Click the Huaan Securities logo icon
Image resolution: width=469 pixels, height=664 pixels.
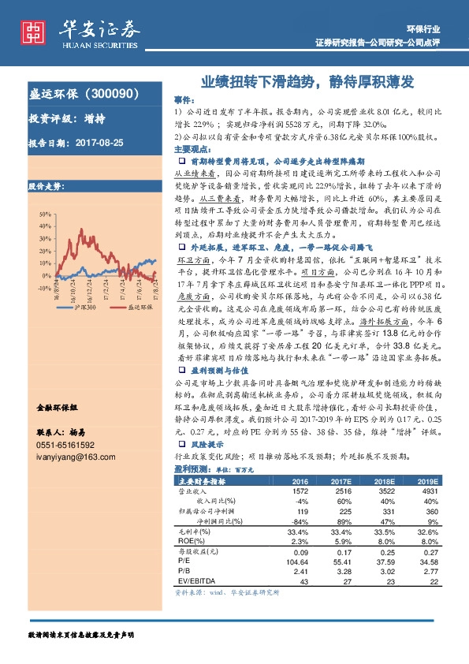[x=34, y=32]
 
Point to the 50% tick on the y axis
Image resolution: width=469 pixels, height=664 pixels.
[x=43, y=214]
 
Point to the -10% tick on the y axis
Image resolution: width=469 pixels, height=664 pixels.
[x=43, y=289]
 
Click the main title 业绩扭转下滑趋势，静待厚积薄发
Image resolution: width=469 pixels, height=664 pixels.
[x=307, y=81]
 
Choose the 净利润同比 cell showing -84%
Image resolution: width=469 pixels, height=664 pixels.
[x=300, y=522]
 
